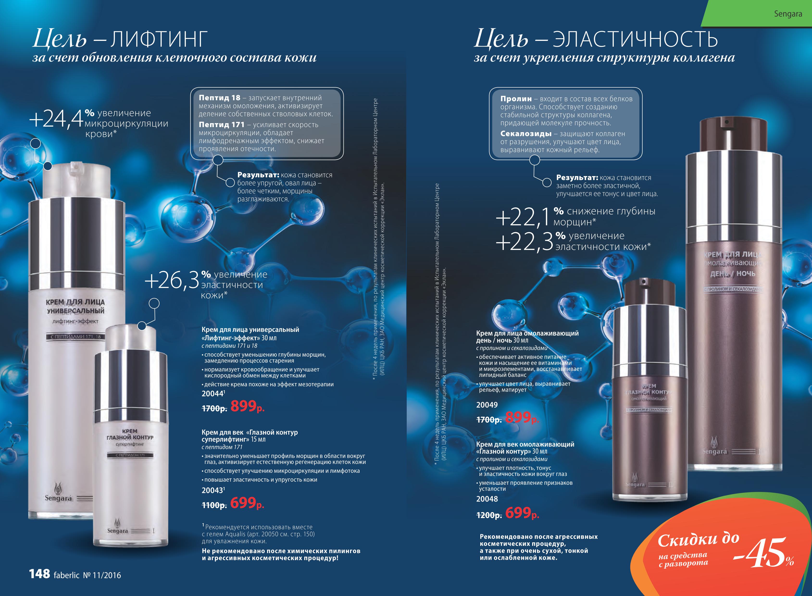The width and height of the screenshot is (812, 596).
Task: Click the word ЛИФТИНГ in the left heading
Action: [159, 40]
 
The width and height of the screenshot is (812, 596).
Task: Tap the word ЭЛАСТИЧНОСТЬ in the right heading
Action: [635, 40]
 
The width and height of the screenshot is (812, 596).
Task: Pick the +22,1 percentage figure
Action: [523, 217]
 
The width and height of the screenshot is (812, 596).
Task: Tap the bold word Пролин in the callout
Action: [516, 99]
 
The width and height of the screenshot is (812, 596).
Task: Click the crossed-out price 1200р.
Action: [489, 515]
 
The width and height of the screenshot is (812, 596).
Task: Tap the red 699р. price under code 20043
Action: [247, 503]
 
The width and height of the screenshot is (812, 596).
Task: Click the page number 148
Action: [39, 574]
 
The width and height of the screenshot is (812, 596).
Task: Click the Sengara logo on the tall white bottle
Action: [58, 492]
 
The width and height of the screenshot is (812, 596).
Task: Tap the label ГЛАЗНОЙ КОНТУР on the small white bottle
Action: [130, 437]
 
